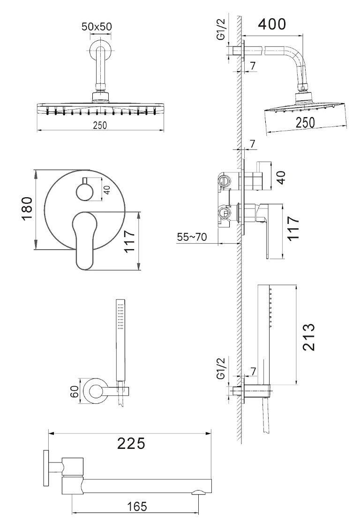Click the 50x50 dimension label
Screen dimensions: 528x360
(x=97, y=27)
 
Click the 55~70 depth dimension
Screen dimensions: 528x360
(x=192, y=237)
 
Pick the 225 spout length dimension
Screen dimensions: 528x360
(x=131, y=442)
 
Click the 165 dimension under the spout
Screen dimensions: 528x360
(x=136, y=506)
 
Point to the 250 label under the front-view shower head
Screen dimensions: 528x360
(x=99, y=125)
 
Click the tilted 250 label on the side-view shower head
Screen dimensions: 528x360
(x=305, y=121)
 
